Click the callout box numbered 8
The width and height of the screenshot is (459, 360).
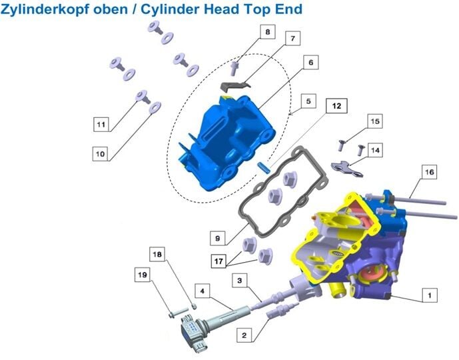pos(268,31)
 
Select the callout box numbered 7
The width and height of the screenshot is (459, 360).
pos(292,38)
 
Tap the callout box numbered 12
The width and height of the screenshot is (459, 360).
pos(336,106)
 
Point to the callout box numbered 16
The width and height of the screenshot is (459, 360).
pos(429,171)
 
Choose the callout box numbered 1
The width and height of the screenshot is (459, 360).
pos(430,295)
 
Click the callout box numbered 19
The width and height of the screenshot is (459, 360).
pos(143,275)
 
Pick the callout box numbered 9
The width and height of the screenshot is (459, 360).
pos(217,238)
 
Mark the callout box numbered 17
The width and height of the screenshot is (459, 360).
pos(219,261)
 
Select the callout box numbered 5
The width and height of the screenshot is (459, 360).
pos(308,101)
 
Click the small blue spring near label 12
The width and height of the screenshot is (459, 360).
pos(264,168)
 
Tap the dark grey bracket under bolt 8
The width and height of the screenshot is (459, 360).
pos(235,85)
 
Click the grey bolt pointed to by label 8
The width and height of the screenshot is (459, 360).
pos(234,68)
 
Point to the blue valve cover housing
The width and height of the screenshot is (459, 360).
pos(227,143)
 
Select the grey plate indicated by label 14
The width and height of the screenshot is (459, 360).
pos(347,169)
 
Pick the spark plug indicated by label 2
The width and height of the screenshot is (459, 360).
pos(283,310)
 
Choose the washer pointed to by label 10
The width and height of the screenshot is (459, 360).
pos(155,107)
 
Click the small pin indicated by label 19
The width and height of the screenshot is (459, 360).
pos(179,313)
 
